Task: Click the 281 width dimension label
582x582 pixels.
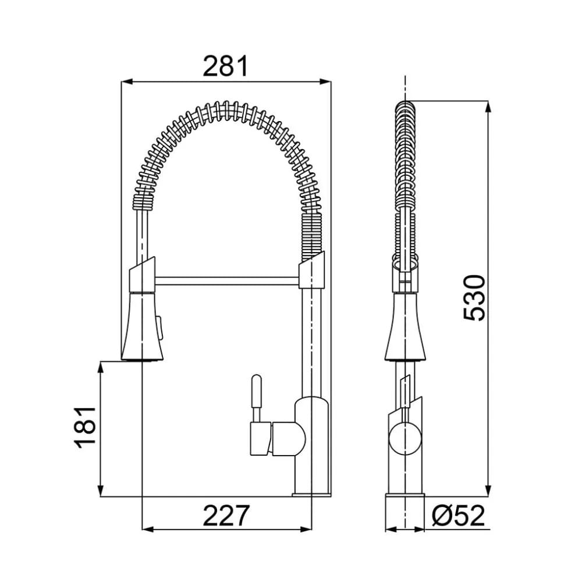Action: point(225,66)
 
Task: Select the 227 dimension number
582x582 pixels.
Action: point(226,515)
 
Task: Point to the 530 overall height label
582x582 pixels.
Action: point(474,297)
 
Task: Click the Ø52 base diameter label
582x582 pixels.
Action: point(459,515)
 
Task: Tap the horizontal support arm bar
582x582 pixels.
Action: point(227,282)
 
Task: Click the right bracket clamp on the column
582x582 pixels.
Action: point(312,271)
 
